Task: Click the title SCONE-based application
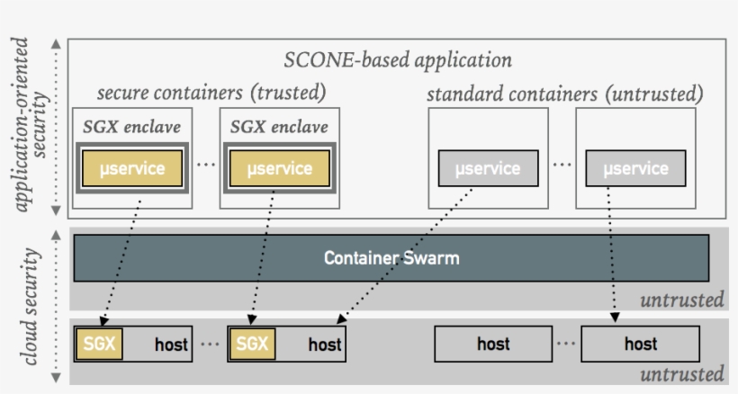398,60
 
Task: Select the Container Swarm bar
391,258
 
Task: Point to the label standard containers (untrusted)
564,94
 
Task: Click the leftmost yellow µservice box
131,168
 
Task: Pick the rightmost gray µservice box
635,168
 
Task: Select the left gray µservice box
488,168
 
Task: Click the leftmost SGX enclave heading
131,126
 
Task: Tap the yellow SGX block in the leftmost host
99,344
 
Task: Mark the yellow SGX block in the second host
253,344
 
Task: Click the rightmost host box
640,344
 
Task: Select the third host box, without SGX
493,344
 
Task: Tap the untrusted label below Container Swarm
681,300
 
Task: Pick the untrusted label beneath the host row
681,373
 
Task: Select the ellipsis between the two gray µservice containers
562,166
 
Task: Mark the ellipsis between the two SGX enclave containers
205,166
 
